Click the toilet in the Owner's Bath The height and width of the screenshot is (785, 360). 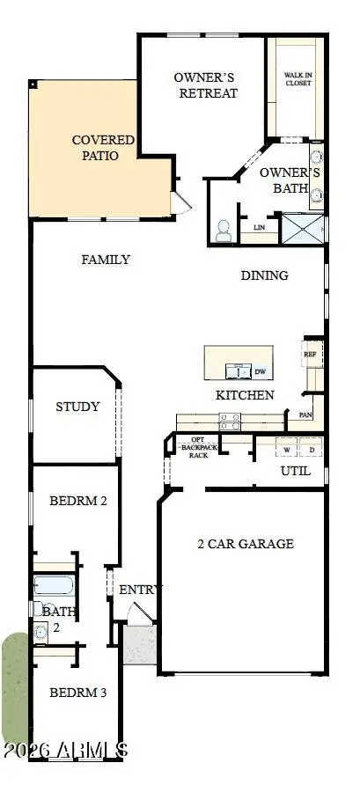(x=223, y=231)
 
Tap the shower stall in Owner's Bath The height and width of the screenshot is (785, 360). (x=299, y=228)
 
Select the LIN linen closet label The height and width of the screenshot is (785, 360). (x=259, y=227)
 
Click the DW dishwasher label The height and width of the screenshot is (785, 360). (x=260, y=371)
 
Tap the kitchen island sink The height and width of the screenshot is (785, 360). (x=235, y=370)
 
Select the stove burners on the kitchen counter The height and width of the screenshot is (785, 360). (x=231, y=422)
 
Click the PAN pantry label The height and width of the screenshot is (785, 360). (x=305, y=414)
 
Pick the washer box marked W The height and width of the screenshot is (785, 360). (x=286, y=450)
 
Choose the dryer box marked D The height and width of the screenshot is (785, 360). (x=311, y=450)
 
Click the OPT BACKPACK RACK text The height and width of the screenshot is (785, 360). (x=192, y=448)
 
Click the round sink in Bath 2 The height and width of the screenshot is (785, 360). (x=40, y=630)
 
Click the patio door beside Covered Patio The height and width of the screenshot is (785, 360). (x=180, y=202)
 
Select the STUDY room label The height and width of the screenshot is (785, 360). (x=77, y=407)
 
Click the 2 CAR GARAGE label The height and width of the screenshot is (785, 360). (x=245, y=544)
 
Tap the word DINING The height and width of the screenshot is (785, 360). (x=264, y=275)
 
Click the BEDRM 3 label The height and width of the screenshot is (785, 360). (x=77, y=693)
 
